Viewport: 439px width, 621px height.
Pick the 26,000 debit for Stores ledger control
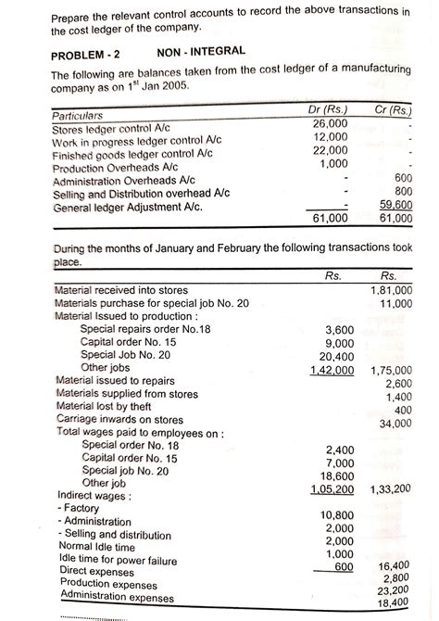(330, 123)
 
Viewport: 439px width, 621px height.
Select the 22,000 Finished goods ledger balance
(330, 150)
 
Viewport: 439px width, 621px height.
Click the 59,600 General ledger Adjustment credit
(395, 205)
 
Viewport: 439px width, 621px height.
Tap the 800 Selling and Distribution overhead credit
(403, 191)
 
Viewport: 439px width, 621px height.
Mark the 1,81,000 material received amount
(391, 290)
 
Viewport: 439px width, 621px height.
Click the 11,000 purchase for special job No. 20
(396, 303)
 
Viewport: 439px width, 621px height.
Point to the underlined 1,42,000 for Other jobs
(332, 370)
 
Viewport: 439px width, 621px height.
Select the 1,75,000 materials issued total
(391, 370)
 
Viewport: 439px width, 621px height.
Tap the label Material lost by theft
(103, 407)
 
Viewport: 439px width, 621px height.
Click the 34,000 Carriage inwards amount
(396, 424)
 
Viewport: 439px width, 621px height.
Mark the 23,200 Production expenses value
(396, 589)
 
